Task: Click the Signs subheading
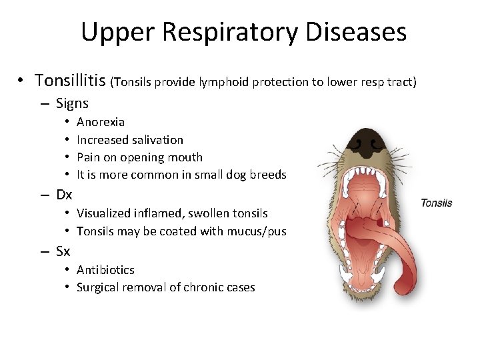click(x=72, y=103)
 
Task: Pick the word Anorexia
click(x=101, y=122)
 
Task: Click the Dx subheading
click(x=64, y=195)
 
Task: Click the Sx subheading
click(x=63, y=251)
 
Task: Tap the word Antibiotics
click(x=105, y=270)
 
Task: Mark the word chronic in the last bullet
click(x=205, y=287)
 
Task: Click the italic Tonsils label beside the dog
click(x=436, y=203)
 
